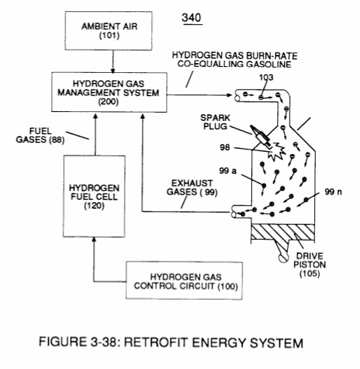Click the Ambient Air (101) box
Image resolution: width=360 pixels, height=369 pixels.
click(x=108, y=31)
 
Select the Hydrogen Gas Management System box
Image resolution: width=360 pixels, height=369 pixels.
click(x=109, y=92)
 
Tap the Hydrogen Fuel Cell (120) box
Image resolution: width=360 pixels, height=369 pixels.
click(x=94, y=196)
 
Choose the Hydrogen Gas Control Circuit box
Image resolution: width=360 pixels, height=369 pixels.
click(x=184, y=280)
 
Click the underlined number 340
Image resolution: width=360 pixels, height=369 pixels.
click(x=192, y=18)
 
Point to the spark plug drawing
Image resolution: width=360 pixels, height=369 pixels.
click(x=261, y=136)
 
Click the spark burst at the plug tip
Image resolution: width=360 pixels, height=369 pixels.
click(x=277, y=152)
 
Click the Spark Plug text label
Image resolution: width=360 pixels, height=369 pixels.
click(x=215, y=122)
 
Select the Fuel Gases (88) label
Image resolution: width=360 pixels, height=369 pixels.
click(x=40, y=135)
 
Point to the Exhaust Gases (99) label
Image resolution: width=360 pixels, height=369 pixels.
click(x=192, y=188)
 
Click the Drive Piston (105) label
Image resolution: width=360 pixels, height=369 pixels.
click(x=310, y=265)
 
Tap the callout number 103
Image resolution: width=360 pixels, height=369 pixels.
click(x=266, y=77)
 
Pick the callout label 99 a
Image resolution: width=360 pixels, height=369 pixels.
click(x=228, y=171)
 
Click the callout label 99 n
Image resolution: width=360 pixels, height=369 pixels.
click(x=333, y=192)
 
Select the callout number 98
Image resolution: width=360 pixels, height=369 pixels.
click(x=225, y=147)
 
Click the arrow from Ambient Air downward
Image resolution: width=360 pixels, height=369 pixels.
click(x=113, y=62)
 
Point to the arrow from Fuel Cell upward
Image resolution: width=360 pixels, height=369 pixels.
click(x=95, y=135)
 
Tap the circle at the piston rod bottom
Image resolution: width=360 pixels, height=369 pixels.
click(x=283, y=258)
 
